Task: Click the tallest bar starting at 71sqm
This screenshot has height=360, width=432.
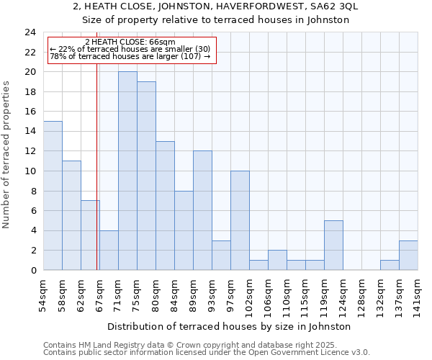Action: (x=127, y=171)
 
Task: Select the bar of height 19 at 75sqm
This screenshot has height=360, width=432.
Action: (x=146, y=176)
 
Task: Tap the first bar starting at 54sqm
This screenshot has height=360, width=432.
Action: (x=53, y=195)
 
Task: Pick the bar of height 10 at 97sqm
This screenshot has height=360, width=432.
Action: (x=240, y=220)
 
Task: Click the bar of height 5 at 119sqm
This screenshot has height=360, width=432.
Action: (x=333, y=245)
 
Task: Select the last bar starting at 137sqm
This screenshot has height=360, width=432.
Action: (x=408, y=255)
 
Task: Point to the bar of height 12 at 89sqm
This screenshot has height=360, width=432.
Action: (x=202, y=210)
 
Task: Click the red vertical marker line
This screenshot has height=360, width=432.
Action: (x=96, y=180)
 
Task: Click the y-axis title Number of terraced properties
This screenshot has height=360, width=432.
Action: (x=7, y=155)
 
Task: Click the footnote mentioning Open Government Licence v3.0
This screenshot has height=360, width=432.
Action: (x=207, y=353)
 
